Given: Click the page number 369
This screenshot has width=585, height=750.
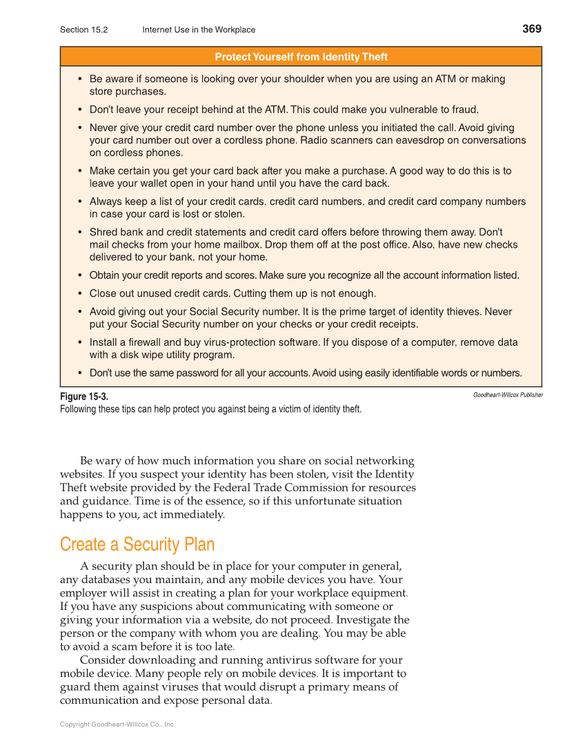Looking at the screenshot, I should (x=531, y=28).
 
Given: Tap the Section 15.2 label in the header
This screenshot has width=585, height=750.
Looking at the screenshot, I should (x=83, y=30).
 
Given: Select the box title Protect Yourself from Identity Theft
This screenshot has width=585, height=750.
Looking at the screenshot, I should (x=301, y=57).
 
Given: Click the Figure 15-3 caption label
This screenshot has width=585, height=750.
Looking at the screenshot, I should (x=84, y=396).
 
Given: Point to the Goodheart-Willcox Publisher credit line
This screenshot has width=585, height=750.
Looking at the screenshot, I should (x=508, y=395).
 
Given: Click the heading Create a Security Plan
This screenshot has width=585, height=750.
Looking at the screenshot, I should (x=137, y=544).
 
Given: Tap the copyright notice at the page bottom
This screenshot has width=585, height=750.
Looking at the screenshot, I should (x=117, y=724).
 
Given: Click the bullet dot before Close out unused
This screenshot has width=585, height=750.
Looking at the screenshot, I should (x=81, y=293).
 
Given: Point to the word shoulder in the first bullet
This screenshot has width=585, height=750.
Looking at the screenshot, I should (x=303, y=79).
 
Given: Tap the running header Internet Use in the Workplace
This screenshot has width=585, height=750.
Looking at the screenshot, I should (x=199, y=30).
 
